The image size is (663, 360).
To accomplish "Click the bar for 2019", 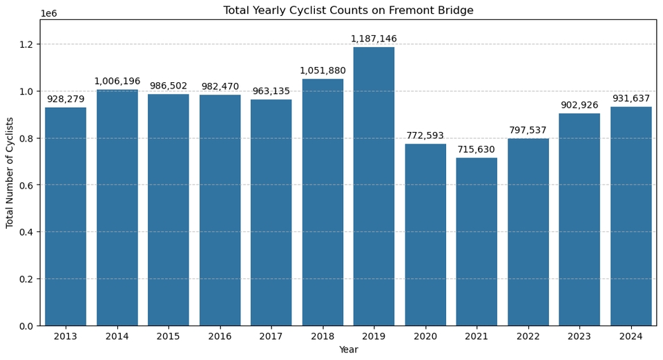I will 374,187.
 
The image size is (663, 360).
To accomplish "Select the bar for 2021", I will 477,242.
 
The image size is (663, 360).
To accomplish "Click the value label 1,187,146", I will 374,39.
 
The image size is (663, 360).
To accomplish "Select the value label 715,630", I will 477,150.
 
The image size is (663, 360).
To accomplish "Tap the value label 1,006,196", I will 117,82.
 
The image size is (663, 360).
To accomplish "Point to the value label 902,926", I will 579,106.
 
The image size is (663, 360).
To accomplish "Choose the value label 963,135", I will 271,91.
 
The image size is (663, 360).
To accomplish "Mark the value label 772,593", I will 425,136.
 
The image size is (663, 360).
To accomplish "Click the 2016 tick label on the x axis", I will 220,337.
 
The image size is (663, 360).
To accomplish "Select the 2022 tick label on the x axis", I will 528,337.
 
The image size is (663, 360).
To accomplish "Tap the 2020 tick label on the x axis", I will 425,337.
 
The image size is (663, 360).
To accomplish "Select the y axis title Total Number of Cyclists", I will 10,173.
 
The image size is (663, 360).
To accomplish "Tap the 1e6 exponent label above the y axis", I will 48,14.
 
